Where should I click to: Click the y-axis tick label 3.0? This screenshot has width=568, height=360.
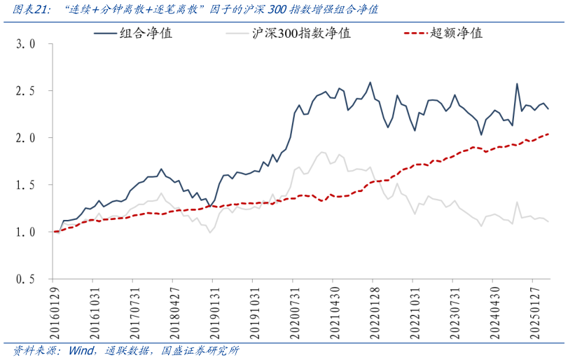click(x=25, y=44)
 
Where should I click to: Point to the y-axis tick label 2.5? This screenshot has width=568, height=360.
click(x=25, y=91)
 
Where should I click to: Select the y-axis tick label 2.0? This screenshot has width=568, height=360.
click(x=25, y=138)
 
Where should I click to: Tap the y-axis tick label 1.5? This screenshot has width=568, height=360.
click(x=25, y=185)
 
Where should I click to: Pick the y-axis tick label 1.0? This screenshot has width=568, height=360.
click(x=25, y=232)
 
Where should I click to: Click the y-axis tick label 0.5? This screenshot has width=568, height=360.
click(x=25, y=279)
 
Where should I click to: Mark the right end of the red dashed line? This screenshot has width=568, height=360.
click(x=548, y=134)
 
